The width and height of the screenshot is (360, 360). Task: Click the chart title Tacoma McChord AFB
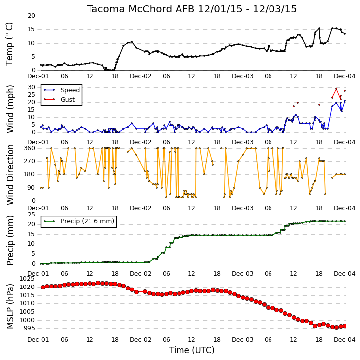140,9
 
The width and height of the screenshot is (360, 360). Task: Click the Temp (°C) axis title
9,44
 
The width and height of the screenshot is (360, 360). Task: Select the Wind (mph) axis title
10,109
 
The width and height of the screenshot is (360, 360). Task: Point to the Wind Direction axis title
10,175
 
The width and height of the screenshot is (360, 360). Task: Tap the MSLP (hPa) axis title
10,306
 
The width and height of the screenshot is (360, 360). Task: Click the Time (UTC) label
192,350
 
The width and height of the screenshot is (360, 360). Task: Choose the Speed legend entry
70,90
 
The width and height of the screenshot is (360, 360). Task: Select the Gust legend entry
67,100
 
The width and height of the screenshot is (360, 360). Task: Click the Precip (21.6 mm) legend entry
88,221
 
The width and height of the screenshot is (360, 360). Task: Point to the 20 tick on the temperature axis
31,16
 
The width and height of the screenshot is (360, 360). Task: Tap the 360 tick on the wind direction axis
30,148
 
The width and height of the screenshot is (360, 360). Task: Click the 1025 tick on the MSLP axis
27,279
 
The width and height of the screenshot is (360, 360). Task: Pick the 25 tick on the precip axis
31,215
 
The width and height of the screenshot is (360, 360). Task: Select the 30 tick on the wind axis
31,87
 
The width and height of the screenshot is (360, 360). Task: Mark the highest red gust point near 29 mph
336,89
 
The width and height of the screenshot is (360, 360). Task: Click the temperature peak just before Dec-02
131,42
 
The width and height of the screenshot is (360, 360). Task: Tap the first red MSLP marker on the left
43,287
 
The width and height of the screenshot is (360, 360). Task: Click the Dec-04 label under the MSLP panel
345,339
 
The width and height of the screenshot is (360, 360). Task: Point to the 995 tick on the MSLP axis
29,328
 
